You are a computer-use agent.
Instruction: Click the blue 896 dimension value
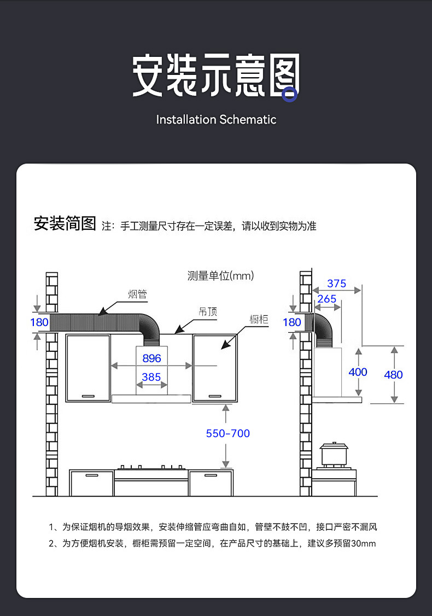pos(151,358)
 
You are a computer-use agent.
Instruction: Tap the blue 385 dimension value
pos(151,377)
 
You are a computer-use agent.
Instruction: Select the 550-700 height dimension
pos(227,433)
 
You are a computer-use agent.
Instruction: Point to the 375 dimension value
pos(336,283)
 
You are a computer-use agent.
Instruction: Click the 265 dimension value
pos(326,299)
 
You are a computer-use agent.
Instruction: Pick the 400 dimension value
pos(358,372)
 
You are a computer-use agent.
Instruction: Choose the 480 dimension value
pos(393,375)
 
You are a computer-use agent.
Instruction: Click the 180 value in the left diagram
pos(39,322)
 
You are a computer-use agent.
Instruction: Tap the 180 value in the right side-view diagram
pos(292,322)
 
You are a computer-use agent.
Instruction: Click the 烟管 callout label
pos(137,294)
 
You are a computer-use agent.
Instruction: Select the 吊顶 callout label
pos(207,312)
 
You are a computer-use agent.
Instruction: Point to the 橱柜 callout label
pos(259,319)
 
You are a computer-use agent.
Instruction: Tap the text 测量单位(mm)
pos(220,276)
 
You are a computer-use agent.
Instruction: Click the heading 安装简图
pos(65,224)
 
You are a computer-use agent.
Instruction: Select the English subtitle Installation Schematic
pos(216,119)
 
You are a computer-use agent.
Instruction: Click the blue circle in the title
pos(289,95)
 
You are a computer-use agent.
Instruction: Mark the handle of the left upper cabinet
pos(88,395)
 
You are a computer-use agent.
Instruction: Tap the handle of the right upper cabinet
pos(214,395)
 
